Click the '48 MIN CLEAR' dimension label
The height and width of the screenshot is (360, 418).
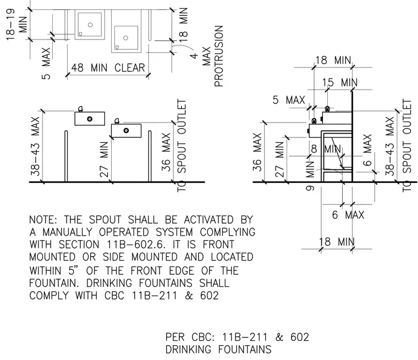tap(108, 68)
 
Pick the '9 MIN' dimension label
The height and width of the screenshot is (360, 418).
tap(310, 176)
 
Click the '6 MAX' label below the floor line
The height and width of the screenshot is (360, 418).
tap(348, 215)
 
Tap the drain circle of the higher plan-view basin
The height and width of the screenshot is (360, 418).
tap(90, 25)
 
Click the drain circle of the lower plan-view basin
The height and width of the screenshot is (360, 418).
tap(126, 38)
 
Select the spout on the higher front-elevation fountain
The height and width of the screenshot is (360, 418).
tap(80, 109)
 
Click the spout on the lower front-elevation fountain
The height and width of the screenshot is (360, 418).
tap(117, 121)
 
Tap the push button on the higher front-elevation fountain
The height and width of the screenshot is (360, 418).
tap(90, 119)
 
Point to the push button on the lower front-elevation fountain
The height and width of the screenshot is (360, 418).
tap(126, 130)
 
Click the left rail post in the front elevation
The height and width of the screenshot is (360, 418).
tap(67, 156)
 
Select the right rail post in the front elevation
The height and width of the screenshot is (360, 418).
tap(150, 156)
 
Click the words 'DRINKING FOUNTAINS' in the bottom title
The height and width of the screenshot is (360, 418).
tap(218, 350)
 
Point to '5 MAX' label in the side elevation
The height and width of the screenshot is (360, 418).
tap(289, 100)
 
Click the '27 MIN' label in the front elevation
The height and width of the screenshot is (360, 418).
tap(105, 159)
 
